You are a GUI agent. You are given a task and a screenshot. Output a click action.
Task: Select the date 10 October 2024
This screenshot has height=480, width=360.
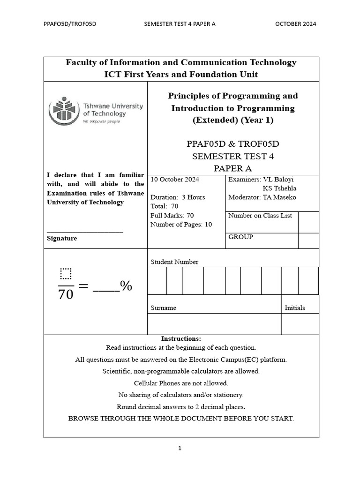(x=175, y=180)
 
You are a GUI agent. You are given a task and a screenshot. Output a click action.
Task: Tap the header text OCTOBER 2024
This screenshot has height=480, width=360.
(x=295, y=24)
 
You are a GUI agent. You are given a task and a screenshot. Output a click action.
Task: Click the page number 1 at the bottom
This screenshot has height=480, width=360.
(x=180, y=448)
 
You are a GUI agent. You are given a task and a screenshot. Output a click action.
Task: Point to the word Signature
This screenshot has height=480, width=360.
(x=62, y=238)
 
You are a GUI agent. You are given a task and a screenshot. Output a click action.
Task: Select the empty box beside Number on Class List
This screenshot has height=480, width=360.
(x=308, y=222)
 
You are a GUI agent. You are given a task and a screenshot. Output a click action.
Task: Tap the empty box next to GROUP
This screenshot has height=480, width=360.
(x=308, y=240)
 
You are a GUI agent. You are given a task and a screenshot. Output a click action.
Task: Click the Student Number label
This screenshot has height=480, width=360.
(x=174, y=262)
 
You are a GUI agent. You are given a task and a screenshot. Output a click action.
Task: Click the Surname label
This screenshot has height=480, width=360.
(x=163, y=308)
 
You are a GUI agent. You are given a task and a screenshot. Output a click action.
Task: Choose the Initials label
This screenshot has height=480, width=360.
(x=295, y=308)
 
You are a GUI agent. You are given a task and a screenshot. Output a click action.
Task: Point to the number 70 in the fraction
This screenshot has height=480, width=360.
(x=66, y=295)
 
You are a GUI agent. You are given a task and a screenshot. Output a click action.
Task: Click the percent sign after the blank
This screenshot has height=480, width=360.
(x=126, y=285)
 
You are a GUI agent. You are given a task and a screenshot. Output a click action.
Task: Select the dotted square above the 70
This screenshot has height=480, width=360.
(x=66, y=273)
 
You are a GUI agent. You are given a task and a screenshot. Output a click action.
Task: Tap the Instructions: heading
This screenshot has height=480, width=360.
(x=181, y=338)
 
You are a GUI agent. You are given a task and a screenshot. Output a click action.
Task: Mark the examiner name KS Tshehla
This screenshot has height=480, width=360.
(x=279, y=188)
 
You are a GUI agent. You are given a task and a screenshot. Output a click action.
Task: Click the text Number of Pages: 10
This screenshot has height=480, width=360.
(x=181, y=225)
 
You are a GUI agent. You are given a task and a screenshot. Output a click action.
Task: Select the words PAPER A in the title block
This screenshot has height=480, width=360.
(x=232, y=167)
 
